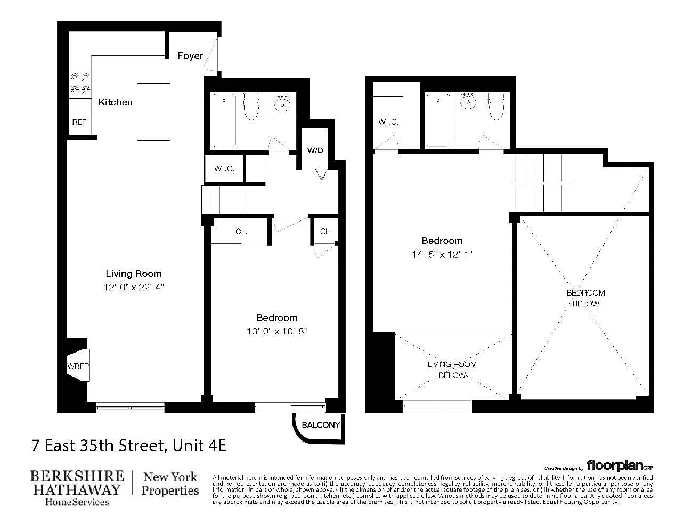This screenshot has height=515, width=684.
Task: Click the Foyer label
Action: click(190, 56)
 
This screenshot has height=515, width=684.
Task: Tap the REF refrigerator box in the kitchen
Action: click(79, 122)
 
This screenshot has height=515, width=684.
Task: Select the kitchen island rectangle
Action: click(153, 112)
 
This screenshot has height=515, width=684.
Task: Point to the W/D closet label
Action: click(315, 150)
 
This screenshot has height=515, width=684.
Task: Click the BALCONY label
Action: click(321, 425)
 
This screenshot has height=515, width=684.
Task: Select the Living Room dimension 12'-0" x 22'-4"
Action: click(134, 287)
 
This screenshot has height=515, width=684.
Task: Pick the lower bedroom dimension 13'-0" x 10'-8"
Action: click(276, 331)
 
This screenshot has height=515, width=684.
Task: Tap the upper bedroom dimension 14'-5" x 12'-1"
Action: click(442, 254)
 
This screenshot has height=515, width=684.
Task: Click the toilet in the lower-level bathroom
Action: click(250, 107)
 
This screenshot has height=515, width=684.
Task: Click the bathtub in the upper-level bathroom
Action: click(438, 120)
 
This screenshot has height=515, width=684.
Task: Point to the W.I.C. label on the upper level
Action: click(388, 122)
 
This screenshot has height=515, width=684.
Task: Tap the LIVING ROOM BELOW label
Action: click(452, 370)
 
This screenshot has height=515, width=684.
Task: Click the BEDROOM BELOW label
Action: click(585, 298)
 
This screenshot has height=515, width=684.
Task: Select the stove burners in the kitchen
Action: click(80, 84)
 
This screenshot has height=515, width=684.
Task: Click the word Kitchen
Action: click(116, 102)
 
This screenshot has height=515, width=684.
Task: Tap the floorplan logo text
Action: click(615, 465)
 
